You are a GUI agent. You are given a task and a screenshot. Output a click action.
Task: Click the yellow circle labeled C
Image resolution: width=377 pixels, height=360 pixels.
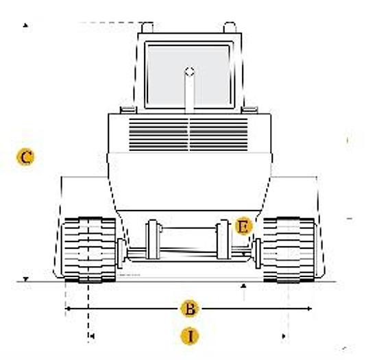click(25, 157)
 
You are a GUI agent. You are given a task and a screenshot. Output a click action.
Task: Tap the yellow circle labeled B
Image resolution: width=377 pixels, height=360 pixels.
click(190, 308)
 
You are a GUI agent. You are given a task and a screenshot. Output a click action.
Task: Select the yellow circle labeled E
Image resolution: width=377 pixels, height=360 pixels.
click(243, 226)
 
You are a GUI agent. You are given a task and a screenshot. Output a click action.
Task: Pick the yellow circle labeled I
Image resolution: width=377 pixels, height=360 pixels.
click(190, 336)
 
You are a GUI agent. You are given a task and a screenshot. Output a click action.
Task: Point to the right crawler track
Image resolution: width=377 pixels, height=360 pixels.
click(289, 249)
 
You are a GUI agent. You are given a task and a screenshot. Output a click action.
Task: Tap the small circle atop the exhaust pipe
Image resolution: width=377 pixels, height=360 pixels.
click(189, 70)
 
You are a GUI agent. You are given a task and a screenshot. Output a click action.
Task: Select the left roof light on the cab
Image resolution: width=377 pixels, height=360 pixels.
click(147, 27)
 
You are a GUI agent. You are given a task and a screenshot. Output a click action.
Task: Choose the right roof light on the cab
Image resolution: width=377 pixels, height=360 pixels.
click(230, 27)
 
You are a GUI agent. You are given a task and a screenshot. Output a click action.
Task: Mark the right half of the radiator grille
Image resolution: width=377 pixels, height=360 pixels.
click(219, 134)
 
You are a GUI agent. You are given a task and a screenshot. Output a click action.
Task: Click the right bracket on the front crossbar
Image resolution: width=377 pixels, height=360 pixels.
click(222, 240)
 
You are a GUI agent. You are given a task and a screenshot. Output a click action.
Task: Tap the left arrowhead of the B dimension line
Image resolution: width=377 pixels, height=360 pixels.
click(67, 309)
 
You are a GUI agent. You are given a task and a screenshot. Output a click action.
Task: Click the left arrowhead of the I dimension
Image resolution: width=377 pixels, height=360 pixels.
click(90, 335)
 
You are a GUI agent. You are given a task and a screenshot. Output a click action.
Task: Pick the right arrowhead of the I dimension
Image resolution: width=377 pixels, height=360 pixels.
click(284, 335)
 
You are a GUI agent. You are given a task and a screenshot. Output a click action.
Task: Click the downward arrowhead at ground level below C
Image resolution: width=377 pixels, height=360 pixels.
click(25, 279)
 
